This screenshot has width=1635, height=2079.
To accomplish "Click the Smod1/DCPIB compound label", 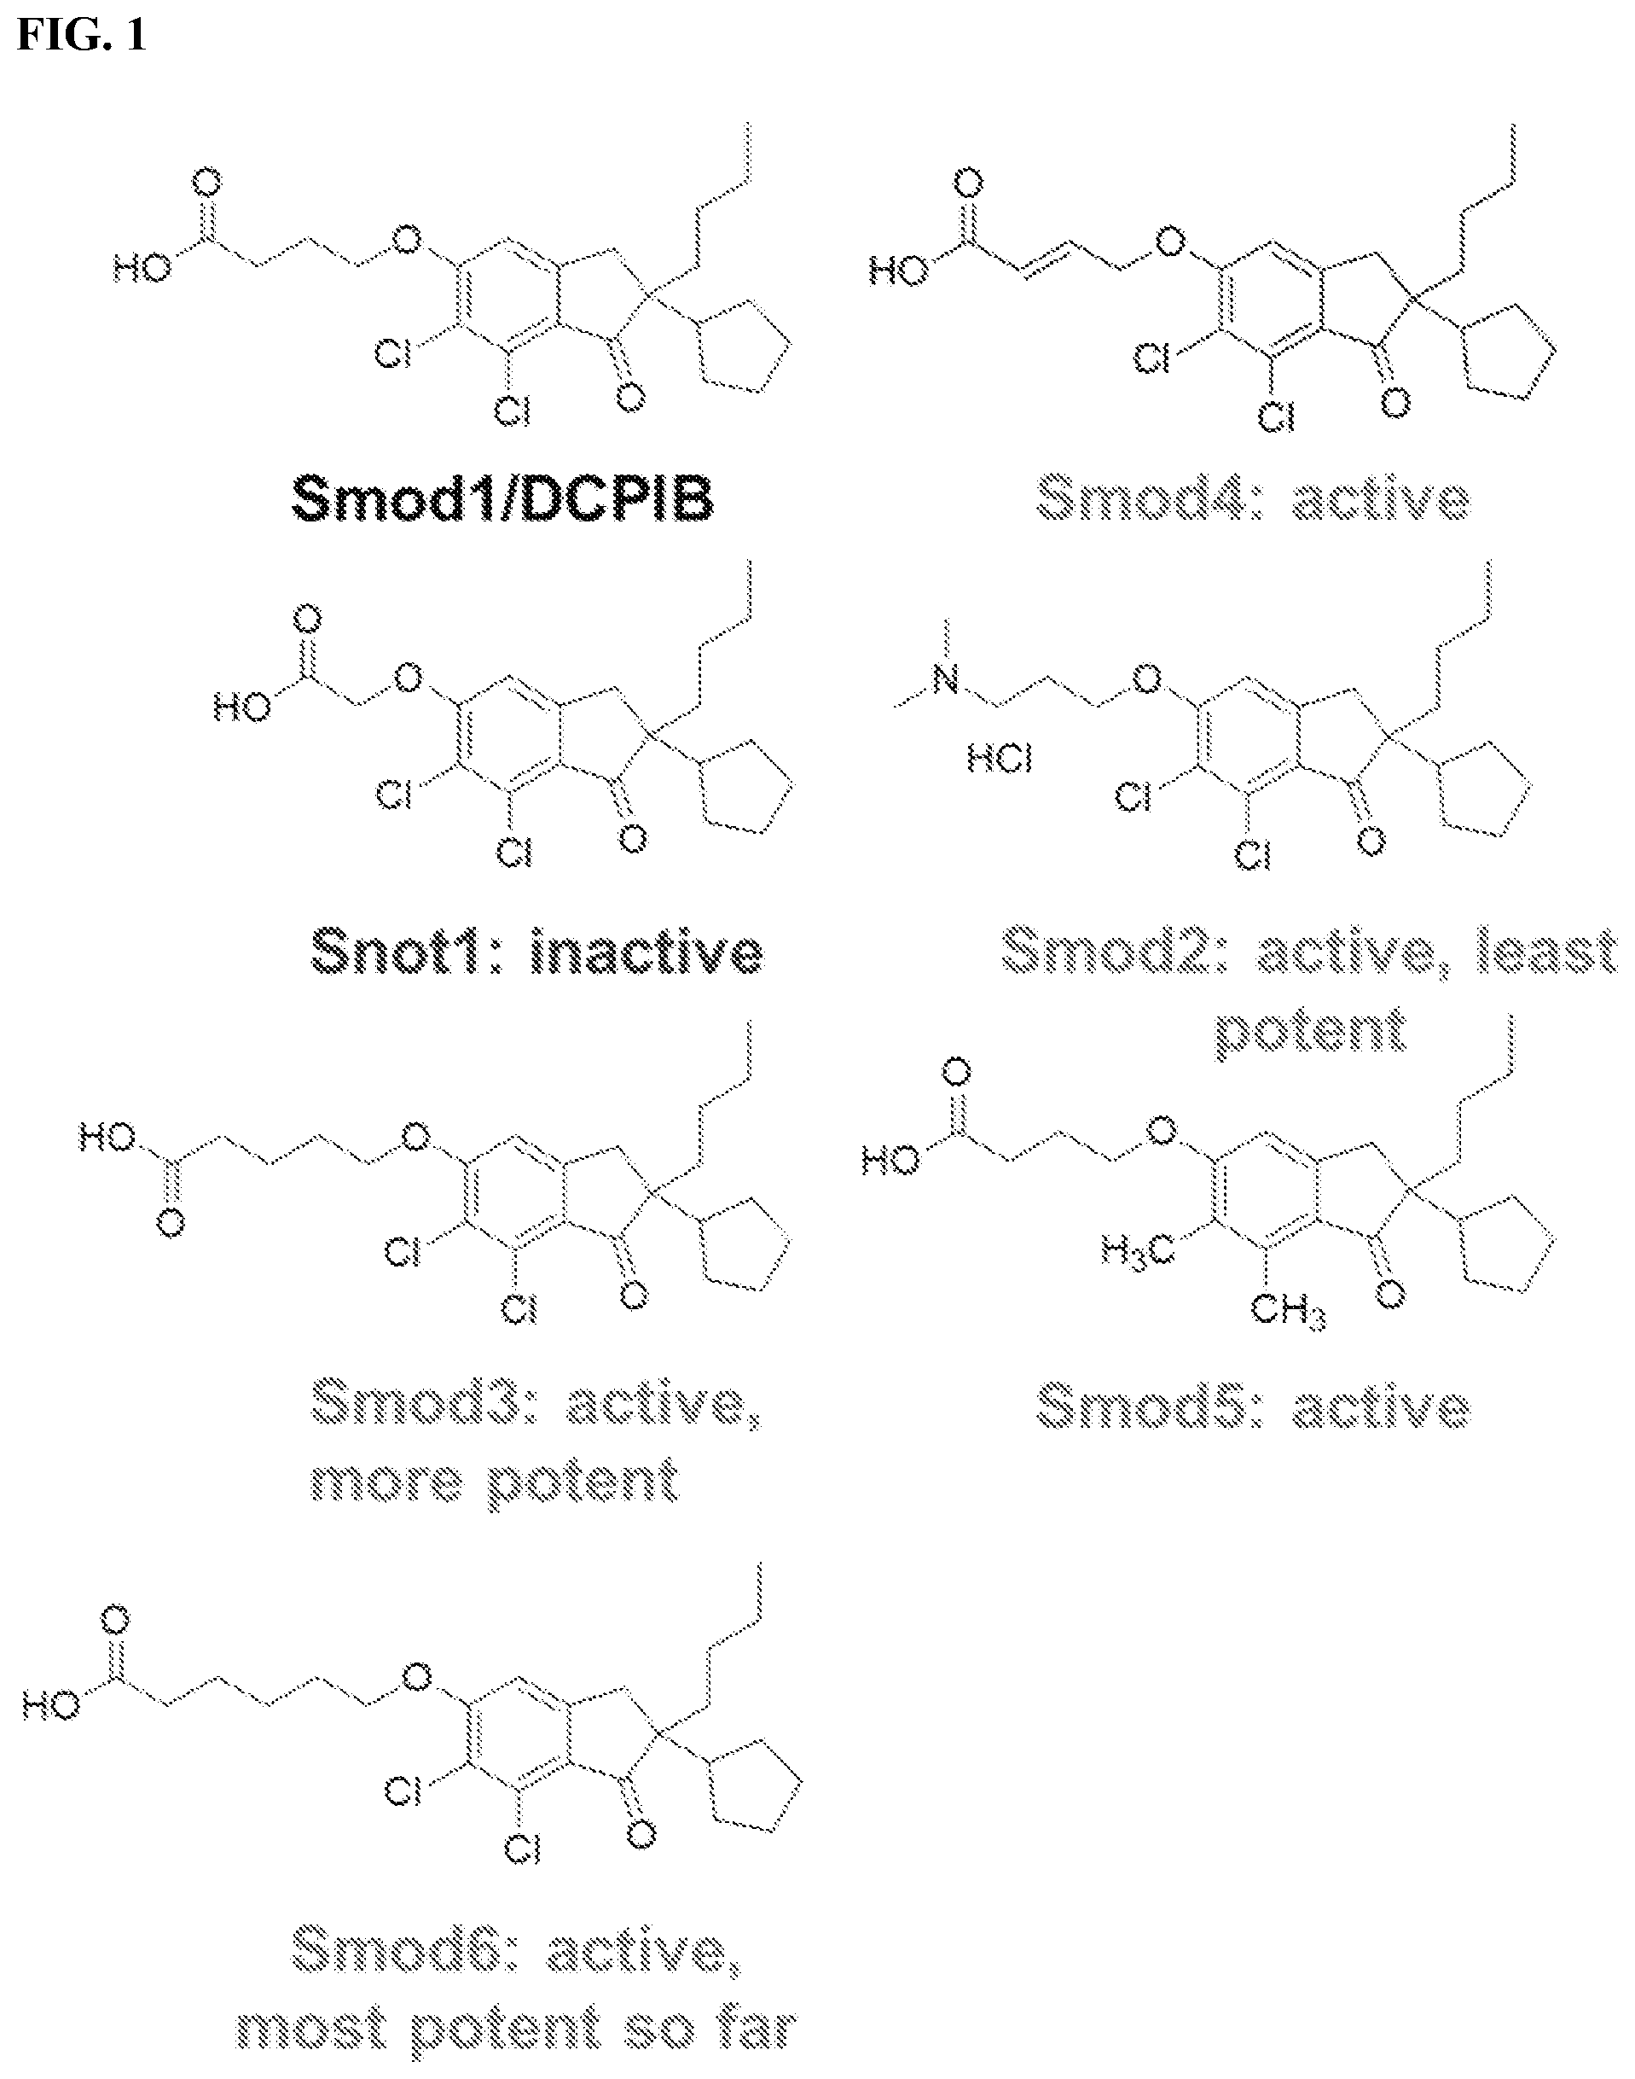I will coord(502,499).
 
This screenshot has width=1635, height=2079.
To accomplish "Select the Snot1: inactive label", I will coord(537,952).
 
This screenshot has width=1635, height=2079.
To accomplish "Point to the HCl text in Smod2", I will coord(1000,761).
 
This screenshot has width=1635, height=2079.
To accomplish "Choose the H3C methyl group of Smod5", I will coord(1136,1249).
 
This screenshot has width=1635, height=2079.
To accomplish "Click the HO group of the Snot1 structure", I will coord(242,708).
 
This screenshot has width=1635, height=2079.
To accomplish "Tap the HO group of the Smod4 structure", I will coord(899,272).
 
